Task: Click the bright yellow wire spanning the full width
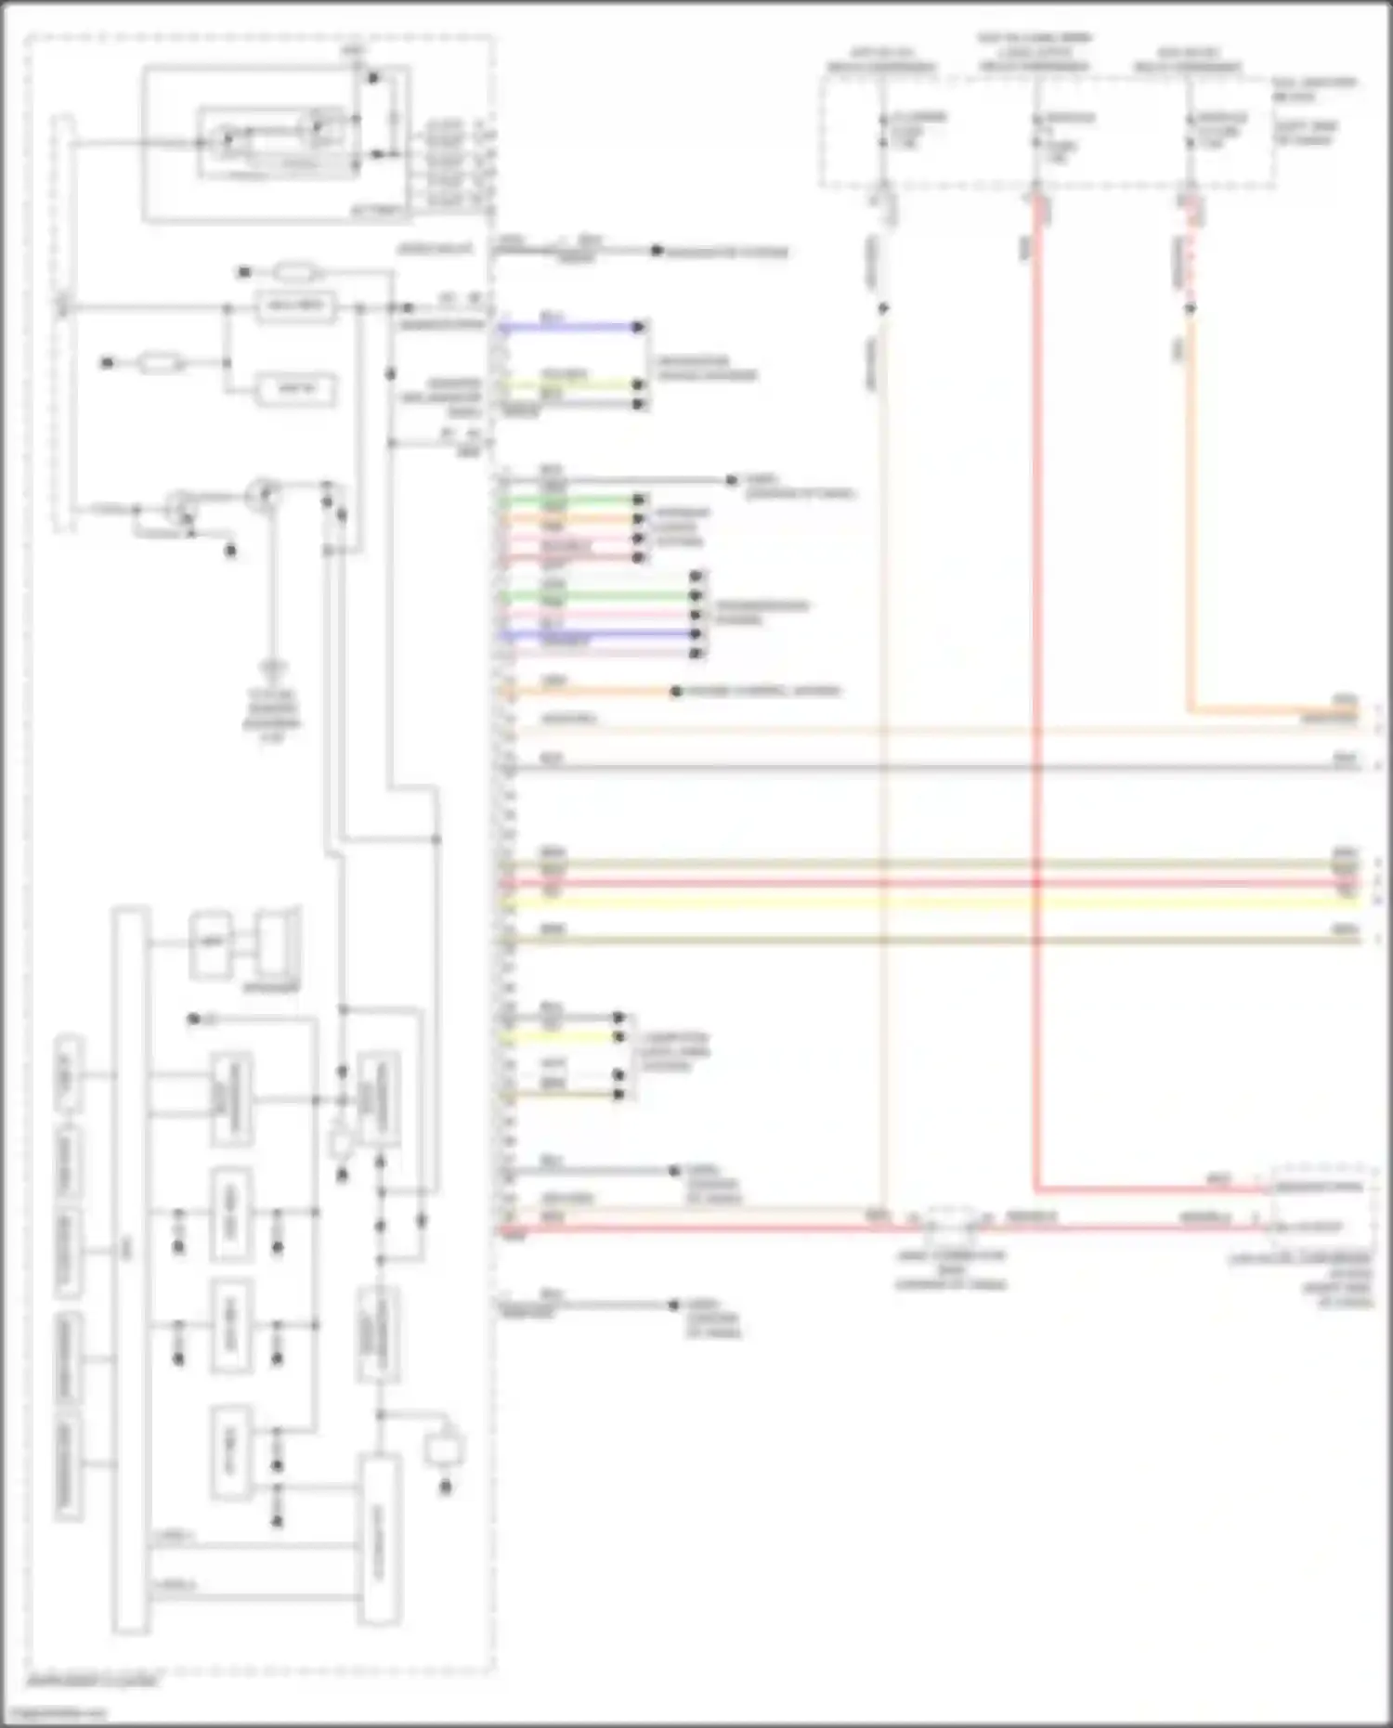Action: click(929, 902)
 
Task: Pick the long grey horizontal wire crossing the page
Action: click(929, 767)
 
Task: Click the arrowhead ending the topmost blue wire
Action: click(639, 327)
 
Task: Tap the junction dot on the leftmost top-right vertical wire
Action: click(883, 307)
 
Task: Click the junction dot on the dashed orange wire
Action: click(1190, 307)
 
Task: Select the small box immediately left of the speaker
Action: click(212, 945)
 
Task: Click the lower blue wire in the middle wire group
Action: click(599, 635)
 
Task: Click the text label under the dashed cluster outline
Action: click(93, 1682)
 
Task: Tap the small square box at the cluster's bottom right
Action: click(444, 1449)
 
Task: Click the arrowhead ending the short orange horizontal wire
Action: click(677, 692)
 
